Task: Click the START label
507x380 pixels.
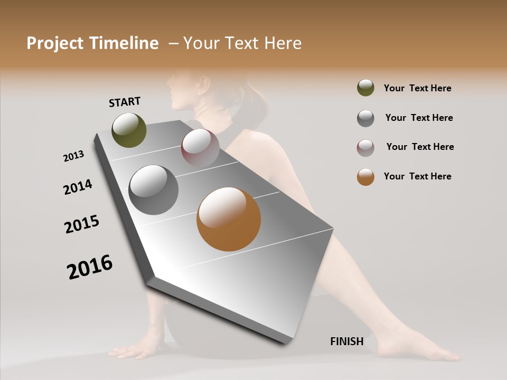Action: [125, 102]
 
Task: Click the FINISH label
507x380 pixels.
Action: [346, 341]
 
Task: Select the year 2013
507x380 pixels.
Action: [73, 156]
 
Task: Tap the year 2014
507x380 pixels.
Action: [78, 187]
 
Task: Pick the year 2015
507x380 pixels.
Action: [82, 224]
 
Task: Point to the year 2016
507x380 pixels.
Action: [90, 267]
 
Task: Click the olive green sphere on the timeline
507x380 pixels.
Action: [129, 130]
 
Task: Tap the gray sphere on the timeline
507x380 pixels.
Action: [154, 190]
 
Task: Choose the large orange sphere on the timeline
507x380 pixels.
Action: [229, 219]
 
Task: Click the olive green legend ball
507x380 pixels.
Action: [365, 88]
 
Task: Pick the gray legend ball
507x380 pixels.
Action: [365, 118]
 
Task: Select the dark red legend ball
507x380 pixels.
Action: [365, 147]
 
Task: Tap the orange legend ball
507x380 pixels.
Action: [365, 177]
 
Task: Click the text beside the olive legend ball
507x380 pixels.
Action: [417, 88]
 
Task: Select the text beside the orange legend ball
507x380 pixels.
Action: [417, 176]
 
